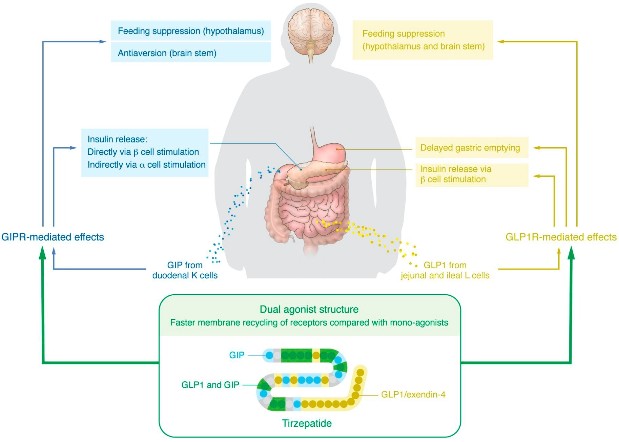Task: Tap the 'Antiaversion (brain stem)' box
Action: coord(191,53)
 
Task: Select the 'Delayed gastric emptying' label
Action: coord(471,148)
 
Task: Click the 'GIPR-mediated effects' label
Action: coord(53,237)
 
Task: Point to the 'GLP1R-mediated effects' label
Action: coord(561,237)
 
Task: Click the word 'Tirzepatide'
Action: coord(307,423)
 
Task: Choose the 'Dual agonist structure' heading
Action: coord(309,309)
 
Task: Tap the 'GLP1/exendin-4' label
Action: coord(413,395)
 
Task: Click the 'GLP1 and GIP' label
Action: coord(210,385)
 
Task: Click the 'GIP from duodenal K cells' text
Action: coord(185,270)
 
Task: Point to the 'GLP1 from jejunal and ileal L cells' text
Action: coord(445,270)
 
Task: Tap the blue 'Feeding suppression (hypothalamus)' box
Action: coord(191,31)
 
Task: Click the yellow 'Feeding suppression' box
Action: coord(422,40)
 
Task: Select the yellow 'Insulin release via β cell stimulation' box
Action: coord(471,174)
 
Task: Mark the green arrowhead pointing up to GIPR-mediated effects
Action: coord(43,252)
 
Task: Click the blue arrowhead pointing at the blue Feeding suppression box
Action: coord(103,41)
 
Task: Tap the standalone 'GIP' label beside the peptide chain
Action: coord(236,355)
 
